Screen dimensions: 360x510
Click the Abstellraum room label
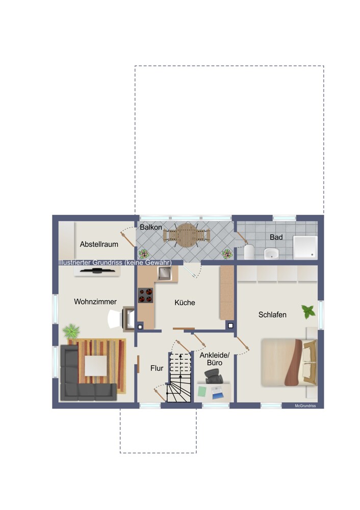click(99, 244)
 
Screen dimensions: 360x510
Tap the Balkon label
click(150, 227)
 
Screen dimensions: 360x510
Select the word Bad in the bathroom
click(276, 238)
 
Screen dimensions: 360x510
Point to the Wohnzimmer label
click(95, 301)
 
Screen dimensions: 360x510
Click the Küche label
click(185, 302)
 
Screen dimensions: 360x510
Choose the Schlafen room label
click(272, 315)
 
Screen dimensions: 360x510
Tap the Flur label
click(157, 368)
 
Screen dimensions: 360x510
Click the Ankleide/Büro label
click(215, 359)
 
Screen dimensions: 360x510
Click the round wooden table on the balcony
click(186, 235)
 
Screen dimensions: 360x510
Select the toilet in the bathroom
click(249, 252)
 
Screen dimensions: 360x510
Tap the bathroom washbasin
click(271, 253)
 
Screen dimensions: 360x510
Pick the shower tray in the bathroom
click(305, 247)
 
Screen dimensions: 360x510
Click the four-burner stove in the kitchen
click(145, 295)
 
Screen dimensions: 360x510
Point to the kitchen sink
click(164, 273)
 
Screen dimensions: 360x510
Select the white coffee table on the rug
click(96, 366)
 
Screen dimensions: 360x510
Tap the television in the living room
click(97, 271)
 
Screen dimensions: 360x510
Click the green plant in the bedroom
click(308, 312)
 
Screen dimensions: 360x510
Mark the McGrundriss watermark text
click(305, 405)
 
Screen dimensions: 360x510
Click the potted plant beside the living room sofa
click(71, 331)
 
